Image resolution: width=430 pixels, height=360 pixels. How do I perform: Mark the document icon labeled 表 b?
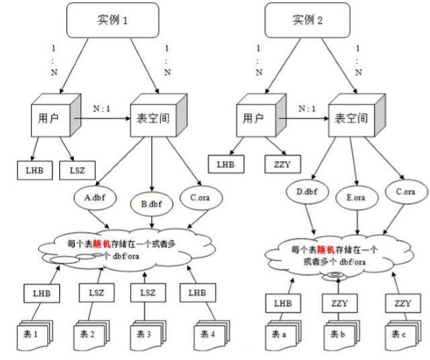[x=337, y=332]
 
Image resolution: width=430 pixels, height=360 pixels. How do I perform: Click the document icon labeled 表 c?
[x=398, y=332]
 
